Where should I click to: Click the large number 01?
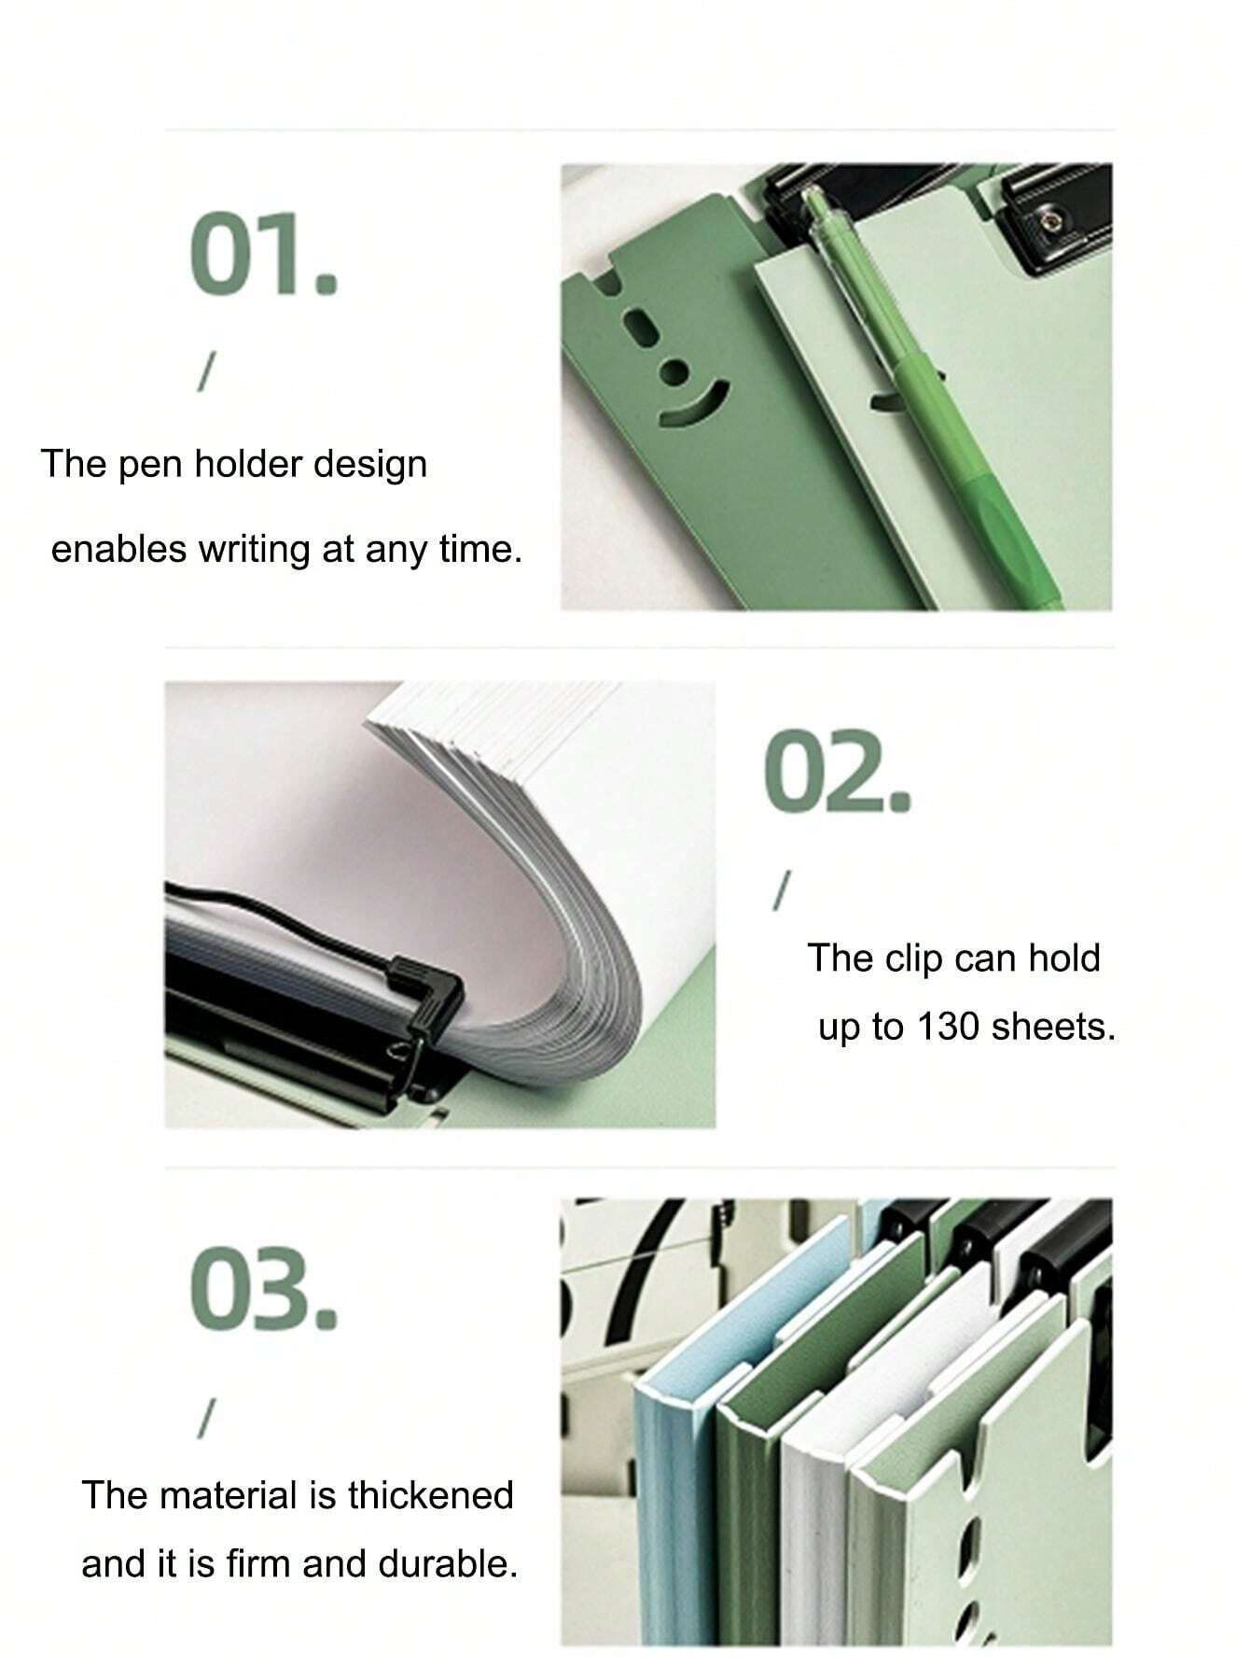click(262, 255)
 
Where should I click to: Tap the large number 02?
click(837, 772)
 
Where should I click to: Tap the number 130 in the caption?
click(949, 1027)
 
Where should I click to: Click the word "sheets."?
click(1054, 1027)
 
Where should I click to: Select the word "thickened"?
click(431, 1495)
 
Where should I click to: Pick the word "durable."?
click(448, 1563)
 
